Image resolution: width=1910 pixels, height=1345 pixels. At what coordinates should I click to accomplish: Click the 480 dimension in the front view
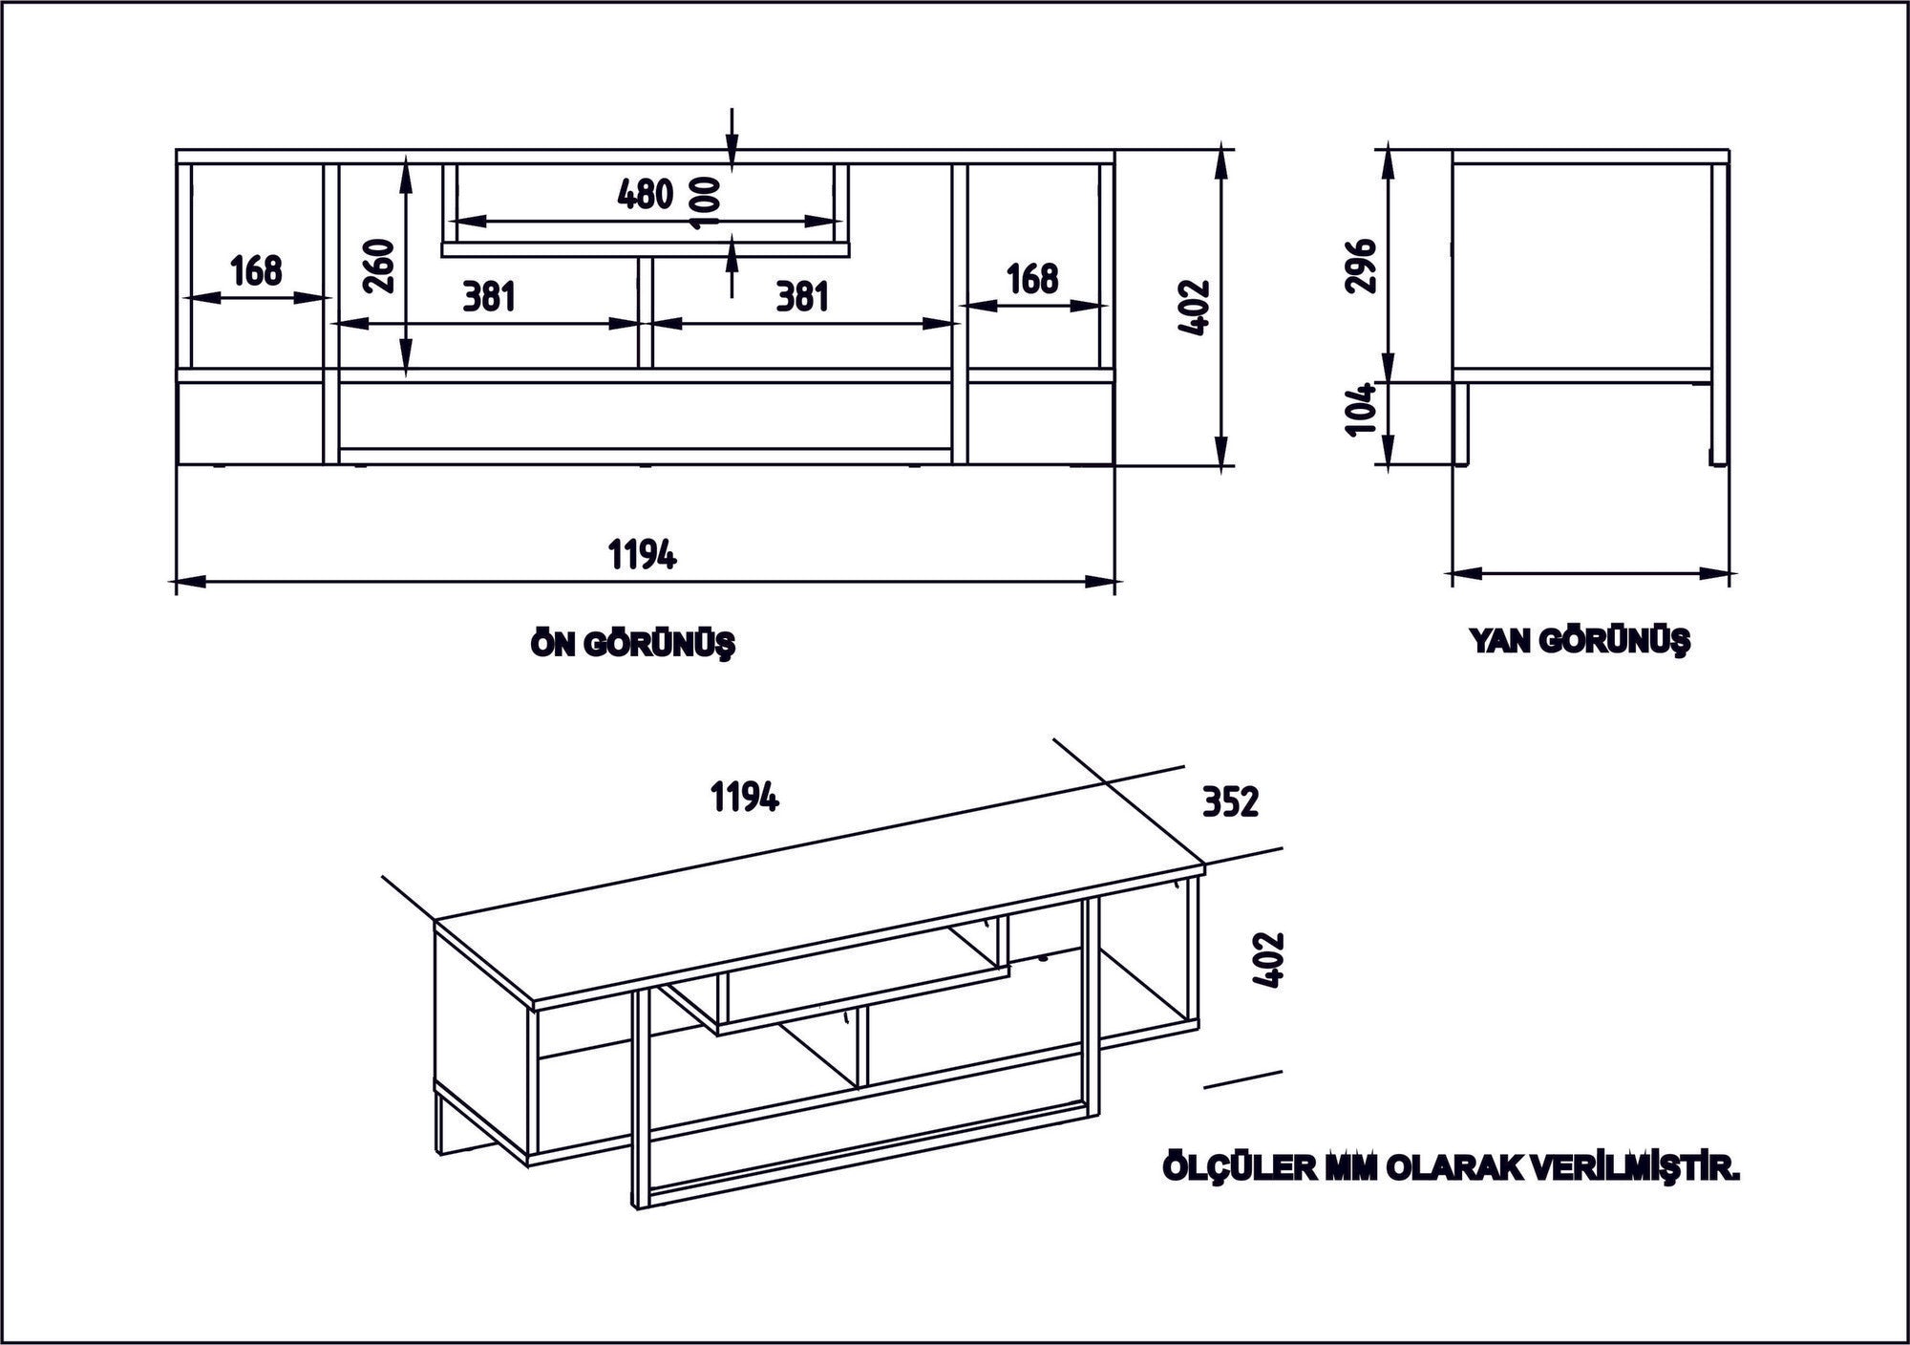(x=646, y=195)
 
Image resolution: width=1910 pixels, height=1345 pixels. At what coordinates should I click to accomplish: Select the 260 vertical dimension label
(x=379, y=267)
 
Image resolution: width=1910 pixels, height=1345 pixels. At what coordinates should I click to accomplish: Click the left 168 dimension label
(x=256, y=271)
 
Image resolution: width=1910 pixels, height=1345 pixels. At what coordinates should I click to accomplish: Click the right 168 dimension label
(x=1033, y=279)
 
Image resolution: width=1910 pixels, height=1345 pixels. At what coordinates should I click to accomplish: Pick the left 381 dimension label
(x=489, y=297)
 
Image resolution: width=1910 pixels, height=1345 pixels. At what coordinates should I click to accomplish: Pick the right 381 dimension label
(x=801, y=297)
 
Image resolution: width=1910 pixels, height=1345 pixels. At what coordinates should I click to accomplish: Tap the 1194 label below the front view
(x=643, y=554)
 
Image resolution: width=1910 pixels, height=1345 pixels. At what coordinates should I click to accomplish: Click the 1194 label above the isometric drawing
(x=745, y=796)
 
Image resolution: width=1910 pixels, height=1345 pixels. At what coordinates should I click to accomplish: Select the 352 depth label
(x=1230, y=802)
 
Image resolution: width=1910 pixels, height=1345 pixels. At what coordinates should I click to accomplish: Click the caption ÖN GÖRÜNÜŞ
(x=633, y=645)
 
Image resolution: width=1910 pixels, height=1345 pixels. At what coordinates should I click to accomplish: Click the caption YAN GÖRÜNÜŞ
(x=1580, y=641)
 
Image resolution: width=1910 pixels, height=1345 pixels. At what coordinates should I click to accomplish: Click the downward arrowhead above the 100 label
(x=732, y=160)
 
